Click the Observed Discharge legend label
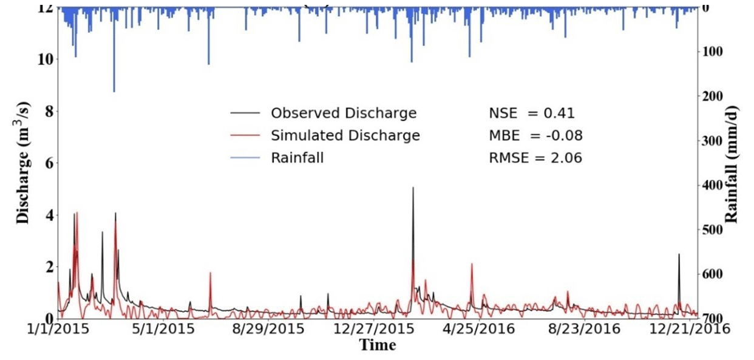(x=344, y=114)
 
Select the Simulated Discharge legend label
(x=345, y=135)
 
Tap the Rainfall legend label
(x=297, y=158)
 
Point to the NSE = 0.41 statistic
(x=532, y=114)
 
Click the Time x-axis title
(x=377, y=345)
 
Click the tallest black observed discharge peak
(x=413, y=188)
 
